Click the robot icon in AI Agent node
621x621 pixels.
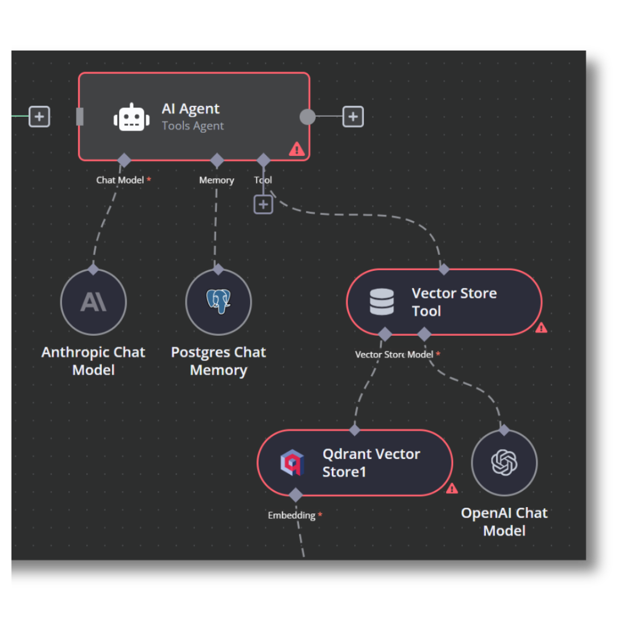[x=132, y=117]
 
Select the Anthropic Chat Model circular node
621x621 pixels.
[x=93, y=302]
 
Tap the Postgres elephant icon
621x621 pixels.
[x=218, y=301]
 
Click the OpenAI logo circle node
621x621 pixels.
[x=504, y=463]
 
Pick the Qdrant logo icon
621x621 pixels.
[x=292, y=463]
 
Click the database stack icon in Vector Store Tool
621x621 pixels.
[x=382, y=302]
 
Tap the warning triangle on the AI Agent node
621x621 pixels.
[x=296, y=149]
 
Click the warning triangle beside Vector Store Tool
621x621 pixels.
[x=541, y=328]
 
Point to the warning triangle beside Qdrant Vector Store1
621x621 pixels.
[x=452, y=488]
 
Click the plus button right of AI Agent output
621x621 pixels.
[x=353, y=117]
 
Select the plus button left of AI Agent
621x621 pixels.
[x=39, y=117]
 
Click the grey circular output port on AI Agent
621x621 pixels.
[x=308, y=117]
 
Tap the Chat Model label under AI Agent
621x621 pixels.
[x=120, y=180]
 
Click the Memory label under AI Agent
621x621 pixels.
[x=216, y=180]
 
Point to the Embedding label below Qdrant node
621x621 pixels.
[x=292, y=515]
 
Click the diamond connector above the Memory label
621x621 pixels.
[x=217, y=160]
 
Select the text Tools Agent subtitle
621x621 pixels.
[x=193, y=126]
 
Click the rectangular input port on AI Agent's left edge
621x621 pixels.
[x=80, y=117]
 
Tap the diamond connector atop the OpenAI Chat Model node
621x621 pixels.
[x=504, y=430]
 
